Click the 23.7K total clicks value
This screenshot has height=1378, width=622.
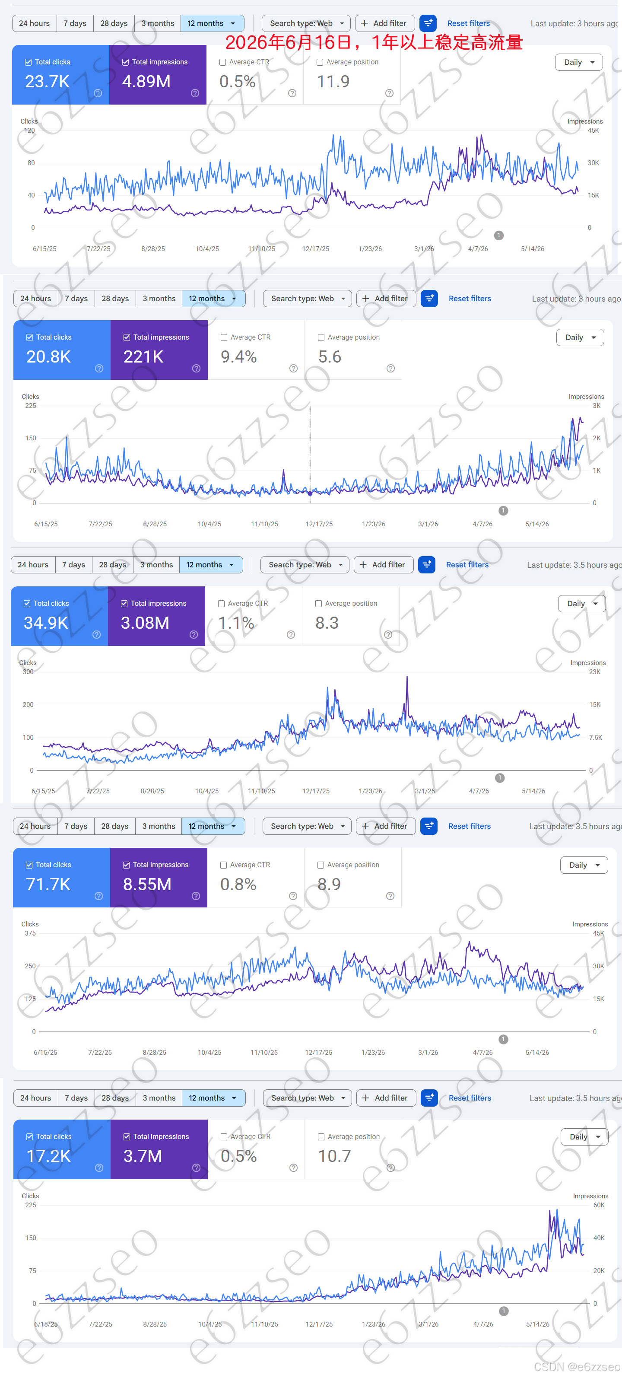[47, 81]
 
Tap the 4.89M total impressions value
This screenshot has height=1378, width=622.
[146, 81]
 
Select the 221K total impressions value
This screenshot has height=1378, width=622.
[143, 357]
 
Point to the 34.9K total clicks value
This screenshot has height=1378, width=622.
[46, 623]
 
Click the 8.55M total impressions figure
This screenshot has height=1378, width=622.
[147, 884]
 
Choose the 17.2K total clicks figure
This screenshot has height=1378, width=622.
[49, 1156]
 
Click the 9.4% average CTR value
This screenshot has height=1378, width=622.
[238, 357]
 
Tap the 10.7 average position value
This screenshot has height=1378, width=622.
[335, 1156]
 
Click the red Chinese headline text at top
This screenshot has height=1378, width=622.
[373, 42]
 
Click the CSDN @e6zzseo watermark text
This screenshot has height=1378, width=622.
[577, 1367]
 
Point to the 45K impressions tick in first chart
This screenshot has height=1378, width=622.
[593, 130]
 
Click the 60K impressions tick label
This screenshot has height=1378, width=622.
[599, 1205]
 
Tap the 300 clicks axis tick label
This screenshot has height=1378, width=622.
[28, 672]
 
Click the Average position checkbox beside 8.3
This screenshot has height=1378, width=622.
[319, 603]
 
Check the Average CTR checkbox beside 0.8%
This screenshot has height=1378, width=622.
[224, 865]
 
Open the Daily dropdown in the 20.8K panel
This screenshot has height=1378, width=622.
[580, 337]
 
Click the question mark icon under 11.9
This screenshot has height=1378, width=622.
[389, 93]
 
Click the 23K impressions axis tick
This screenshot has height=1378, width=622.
[595, 672]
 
